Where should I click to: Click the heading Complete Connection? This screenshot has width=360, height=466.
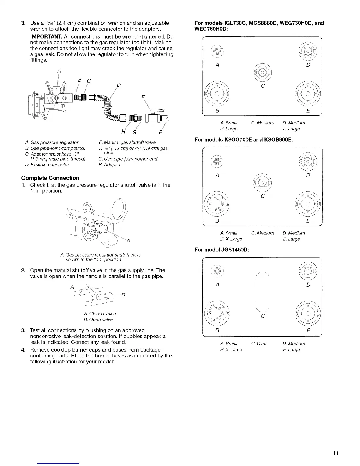[x=50, y=178]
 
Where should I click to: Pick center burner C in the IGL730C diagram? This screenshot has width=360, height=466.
[x=263, y=72]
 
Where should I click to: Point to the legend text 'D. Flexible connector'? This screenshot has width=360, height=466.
[x=47, y=165]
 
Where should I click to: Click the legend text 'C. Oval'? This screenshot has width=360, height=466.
[x=259, y=344]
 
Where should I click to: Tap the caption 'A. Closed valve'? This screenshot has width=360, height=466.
[x=100, y=314]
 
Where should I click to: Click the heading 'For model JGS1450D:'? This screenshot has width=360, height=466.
[x=222, y=250]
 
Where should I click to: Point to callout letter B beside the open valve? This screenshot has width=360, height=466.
[x=124, y=295]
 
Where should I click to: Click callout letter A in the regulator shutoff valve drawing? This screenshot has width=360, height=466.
[x=128, y=241]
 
